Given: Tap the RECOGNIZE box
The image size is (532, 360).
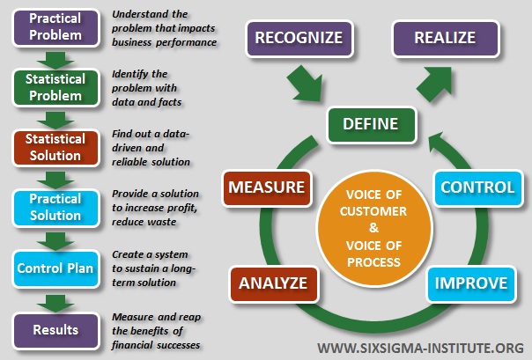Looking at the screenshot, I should [x=299, y=39].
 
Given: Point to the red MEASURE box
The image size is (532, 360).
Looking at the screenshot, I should [x=268, y=187].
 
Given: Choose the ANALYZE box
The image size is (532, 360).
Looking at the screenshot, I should [x=272, y=283].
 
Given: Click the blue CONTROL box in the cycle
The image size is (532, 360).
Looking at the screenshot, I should [x=477, y=187].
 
